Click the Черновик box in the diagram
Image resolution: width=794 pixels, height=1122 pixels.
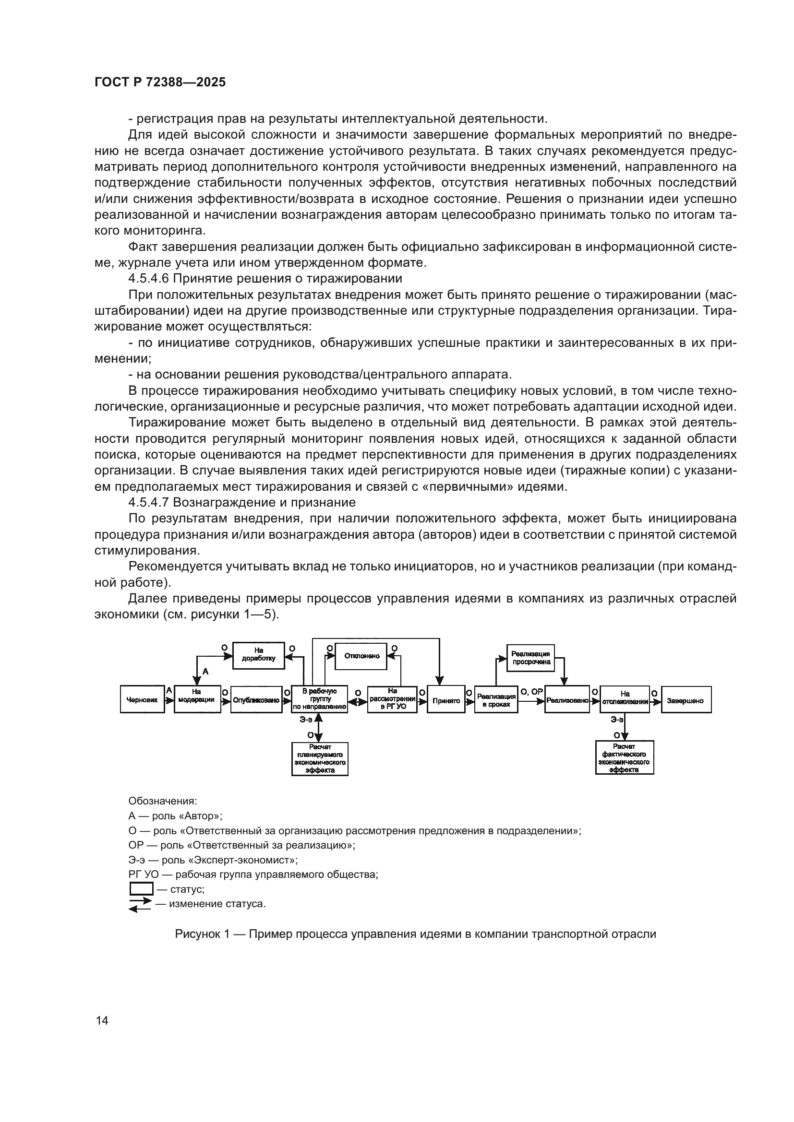tap(142, 700)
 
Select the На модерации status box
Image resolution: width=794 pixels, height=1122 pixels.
tap(197, 700)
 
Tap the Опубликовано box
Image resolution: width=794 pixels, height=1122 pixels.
tap(256, 700)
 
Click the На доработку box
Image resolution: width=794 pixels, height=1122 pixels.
tap(258, 655)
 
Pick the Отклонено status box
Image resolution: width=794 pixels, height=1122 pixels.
tap(361, 656)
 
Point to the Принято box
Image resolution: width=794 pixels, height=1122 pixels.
tap(446, 700)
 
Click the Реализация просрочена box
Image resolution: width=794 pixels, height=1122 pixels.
tap(531, 658)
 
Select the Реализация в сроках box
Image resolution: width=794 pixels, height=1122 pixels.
tap(496, 700)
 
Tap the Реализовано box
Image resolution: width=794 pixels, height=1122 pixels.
tap(566, 700)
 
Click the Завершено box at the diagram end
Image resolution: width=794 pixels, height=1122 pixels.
tap(686, 700)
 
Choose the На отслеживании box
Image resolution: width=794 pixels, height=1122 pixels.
tap(625, 700)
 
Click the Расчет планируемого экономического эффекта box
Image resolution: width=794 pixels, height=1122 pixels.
tap(320, 758)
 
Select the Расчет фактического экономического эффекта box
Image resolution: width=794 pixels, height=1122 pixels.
tap(625, 758)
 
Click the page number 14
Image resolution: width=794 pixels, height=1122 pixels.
tap(102, 1020)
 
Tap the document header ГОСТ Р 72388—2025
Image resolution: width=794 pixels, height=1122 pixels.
tap(160, 82)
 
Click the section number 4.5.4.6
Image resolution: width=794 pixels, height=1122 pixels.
tap(149, 279)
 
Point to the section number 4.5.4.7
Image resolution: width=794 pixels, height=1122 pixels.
tap(149, 502)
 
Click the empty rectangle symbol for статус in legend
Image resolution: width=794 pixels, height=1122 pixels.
tap(141, 888)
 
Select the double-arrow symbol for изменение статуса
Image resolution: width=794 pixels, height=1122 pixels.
tap(140, 905)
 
